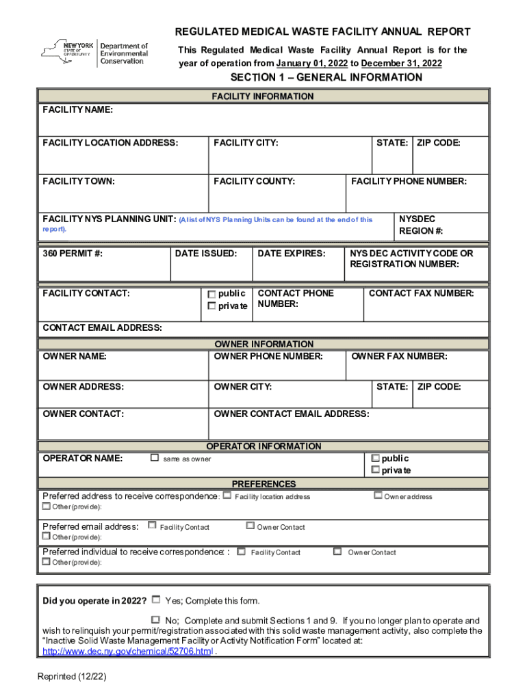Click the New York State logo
[x=94, y=51]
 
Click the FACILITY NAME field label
[x=78, y=110]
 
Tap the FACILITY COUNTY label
[x=254, y=181]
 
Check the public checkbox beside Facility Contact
[x=212, y=294]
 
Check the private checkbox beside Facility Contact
[x=212, y=306]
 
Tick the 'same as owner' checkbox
[x=155, y=458]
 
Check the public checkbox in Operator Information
[x=375, y=458]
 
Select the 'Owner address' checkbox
[x=377, y=496]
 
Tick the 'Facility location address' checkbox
[x=227, y=496]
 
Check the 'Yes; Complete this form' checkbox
[x=156, y=600]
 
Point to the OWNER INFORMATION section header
[x=263, y=344]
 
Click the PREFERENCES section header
[x=263, y=483]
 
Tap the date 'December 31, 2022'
[x=401, y=64]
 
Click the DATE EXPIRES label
[x=291, y=253]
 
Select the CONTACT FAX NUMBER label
[x=421, y=293]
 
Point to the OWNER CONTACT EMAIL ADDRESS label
[x=292, y=414]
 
